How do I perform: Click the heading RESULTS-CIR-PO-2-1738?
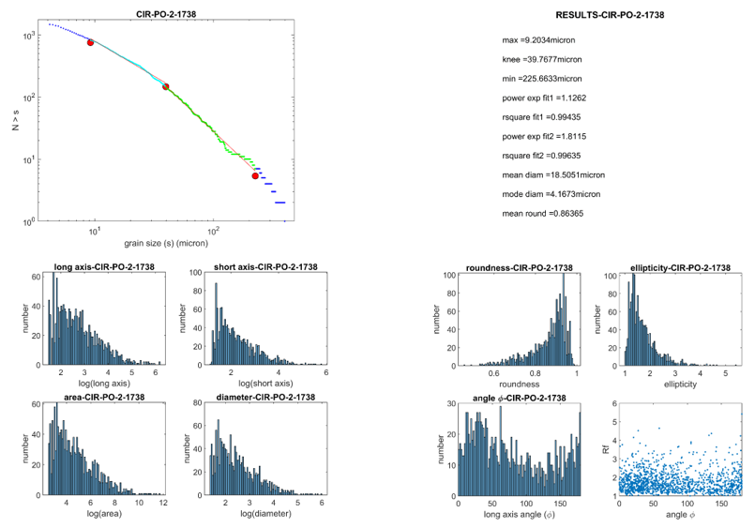click(611, 15)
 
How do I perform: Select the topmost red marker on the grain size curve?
click(90, 42)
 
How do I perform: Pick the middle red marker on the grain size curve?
click(166, 87)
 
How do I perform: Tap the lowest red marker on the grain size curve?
click(255, 175)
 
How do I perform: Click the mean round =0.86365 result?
click(543, 214)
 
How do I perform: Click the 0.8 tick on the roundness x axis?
click(526, 374)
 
